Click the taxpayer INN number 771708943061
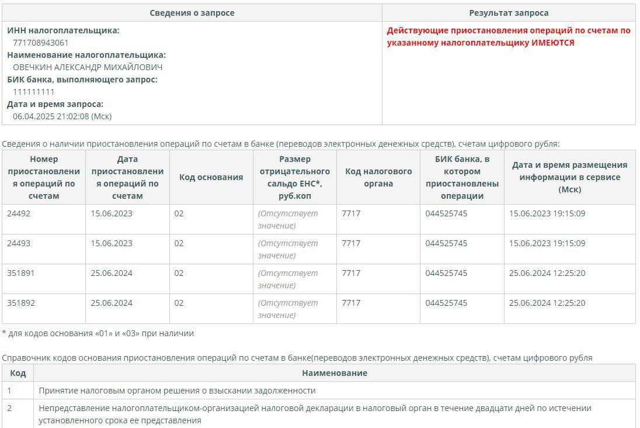(x=40, y=43)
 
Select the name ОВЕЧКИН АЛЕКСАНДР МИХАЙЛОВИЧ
(x=88, y=67)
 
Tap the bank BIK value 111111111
(x=34, y=92)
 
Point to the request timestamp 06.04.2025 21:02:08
(x=62, y=116)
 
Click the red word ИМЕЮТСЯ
(x=552, y=43)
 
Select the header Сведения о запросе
(x=192, y=13)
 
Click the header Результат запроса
(x=509, y=13)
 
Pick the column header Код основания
(x=211, y=177)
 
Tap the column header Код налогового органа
(x=378, y=177)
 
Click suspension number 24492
(x=19, y=213)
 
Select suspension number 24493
(x=19, y=243)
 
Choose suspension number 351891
(x=21, y=273)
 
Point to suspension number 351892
(x=21, y=303)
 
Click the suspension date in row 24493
(x=112, y=243)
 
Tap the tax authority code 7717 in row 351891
(x=351, y=273)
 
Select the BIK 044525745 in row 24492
(x=446, y=213)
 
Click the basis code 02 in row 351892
(x=179, y=303)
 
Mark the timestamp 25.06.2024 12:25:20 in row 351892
(x=547, y=303)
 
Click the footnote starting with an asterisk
(x=98, y=333)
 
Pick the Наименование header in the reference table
(x=334, y=373)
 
